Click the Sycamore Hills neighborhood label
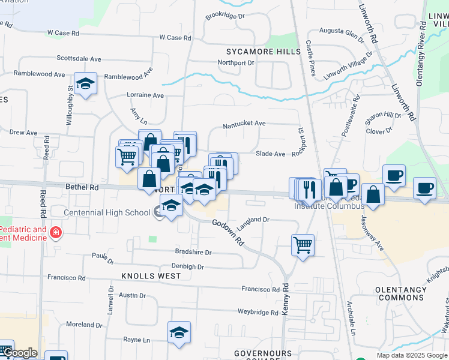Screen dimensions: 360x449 click(263, 52)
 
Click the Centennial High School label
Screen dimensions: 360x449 click(107, 212)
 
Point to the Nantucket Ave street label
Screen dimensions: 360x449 click(244, 124)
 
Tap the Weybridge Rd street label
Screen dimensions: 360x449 click(258, 312)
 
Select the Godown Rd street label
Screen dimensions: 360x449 click(228, 232)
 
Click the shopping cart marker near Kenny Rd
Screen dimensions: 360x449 click(303, 244)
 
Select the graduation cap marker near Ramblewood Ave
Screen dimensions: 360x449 click(86, 84)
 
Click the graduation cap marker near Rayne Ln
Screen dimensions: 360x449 click(179, 334)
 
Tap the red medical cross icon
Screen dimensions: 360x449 click(55, 232)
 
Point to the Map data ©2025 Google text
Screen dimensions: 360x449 click(411, 355)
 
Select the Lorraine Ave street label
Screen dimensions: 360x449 click(145, 95)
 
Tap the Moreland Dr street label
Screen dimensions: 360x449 click(84, 325)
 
